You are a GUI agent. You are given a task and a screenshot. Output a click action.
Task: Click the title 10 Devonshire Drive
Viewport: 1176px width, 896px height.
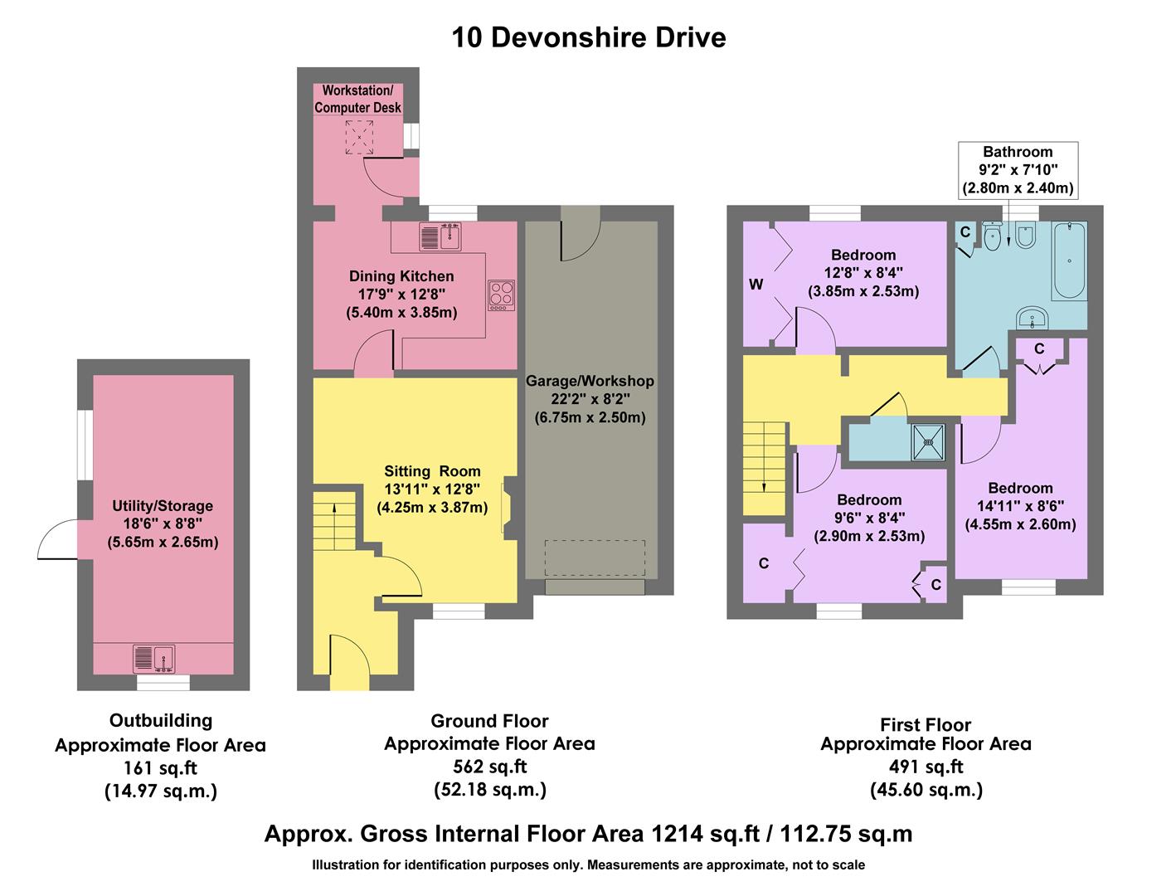(588, 37)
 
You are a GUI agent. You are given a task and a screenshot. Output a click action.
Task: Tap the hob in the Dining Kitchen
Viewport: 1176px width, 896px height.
(501, 295)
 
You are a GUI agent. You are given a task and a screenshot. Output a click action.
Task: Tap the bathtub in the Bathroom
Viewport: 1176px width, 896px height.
(1069, 261)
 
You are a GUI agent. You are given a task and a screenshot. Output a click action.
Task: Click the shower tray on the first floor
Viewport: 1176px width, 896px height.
(927, 442)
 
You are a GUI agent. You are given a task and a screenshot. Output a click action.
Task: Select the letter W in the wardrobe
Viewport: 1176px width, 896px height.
(756, 285)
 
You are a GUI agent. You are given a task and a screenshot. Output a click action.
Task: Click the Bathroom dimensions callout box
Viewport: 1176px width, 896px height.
(1018, 170)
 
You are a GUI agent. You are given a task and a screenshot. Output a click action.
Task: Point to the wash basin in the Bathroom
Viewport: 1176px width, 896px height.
(1033, 317)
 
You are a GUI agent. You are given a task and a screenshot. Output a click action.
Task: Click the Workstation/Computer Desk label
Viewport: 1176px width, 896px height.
(357, 99)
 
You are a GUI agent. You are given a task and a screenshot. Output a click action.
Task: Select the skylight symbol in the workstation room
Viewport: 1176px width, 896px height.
(359, 137)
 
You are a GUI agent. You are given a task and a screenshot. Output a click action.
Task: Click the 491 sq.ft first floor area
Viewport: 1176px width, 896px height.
(926, 767)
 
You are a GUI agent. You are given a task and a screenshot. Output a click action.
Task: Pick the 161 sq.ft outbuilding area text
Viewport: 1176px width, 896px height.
(160, 768)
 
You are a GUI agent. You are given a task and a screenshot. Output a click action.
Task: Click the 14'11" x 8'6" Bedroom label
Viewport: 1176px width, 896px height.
(1020, 506)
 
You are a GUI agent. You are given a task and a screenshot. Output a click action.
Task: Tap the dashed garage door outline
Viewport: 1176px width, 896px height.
(595, 558)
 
